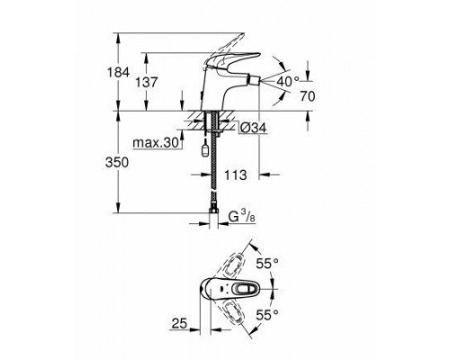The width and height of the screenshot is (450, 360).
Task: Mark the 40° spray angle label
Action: tap(287, 80)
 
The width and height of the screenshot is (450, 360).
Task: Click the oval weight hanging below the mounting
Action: tap(208, 153)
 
